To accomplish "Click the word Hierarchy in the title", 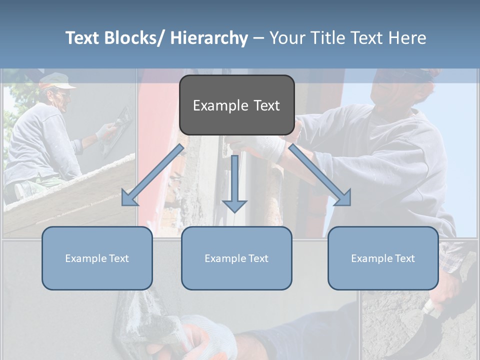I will (x=209, y=38).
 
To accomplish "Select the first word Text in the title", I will (x=83, y=38).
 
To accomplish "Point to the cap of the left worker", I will (x=54, y=80).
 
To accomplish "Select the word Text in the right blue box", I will (x=404, y=258).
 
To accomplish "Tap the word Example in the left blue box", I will (x=85, y=258).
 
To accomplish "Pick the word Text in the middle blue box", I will (x=258, y=258).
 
